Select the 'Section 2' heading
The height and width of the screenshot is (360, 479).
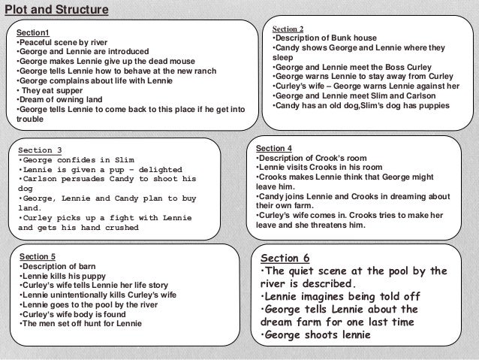tap(288, 28)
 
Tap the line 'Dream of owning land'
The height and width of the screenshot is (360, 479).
tap(56, 100)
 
